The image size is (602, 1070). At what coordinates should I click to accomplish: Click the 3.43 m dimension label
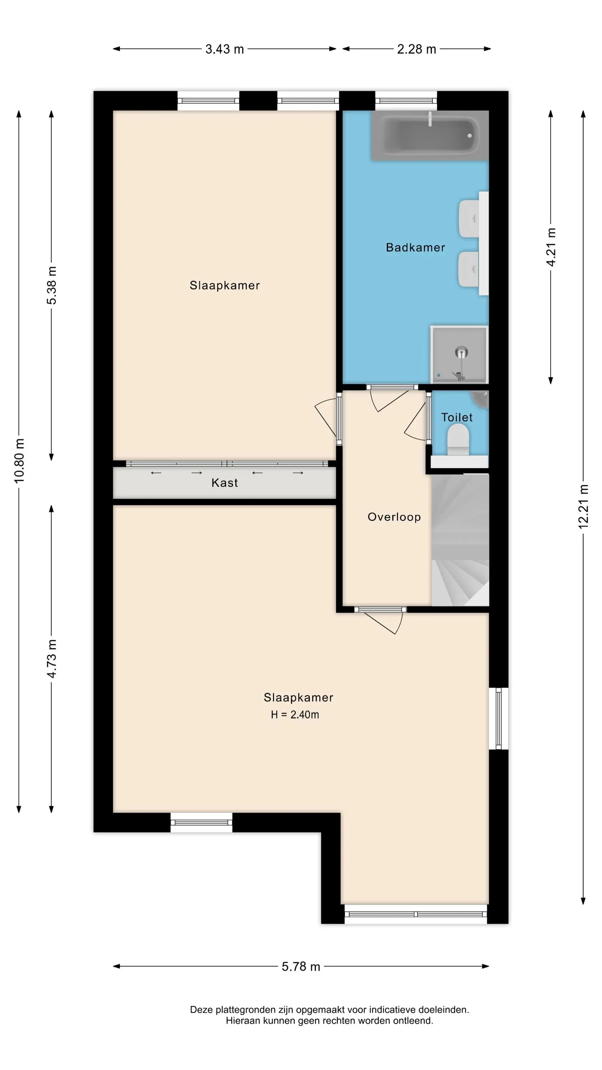tap(224, 49)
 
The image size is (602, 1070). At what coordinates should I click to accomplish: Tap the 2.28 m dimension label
tap(416, 49)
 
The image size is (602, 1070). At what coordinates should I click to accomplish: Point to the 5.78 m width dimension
tap(301, 967)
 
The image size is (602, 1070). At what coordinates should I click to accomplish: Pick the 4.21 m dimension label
tap(551, 247)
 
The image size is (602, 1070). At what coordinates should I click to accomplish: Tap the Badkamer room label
tap(415, 248)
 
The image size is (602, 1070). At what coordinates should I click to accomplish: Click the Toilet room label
tap(456, 417)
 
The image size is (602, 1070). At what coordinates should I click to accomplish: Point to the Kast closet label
tap(225, 483)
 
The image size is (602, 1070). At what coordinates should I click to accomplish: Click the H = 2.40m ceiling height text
tap(295, 714)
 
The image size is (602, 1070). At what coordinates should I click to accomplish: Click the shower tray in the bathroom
tap(459, 354)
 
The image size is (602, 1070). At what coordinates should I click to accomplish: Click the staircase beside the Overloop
tap(460, 540)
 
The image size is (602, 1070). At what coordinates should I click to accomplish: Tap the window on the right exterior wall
tap(499, 719)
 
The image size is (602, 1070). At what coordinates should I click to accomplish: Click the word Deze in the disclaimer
tap(201, 1010)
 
